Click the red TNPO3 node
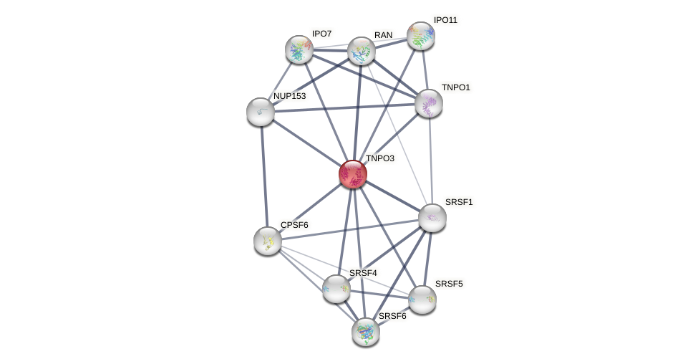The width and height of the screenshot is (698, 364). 352,174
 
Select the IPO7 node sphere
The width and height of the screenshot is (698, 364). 299,49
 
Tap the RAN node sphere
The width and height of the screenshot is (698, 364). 361,51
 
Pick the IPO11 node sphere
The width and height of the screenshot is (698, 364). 420,36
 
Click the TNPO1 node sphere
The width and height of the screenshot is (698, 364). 428,103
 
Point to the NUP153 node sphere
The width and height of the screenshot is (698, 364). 261,112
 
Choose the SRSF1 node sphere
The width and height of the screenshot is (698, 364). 432,218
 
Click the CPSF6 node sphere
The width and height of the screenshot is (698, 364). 268,241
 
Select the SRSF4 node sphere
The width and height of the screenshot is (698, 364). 336,289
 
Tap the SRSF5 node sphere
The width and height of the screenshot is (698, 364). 422,300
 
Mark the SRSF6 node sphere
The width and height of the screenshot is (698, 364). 366,332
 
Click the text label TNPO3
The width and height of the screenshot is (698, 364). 380,158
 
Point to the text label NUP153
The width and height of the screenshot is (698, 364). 289,96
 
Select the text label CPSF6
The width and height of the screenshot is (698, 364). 294,225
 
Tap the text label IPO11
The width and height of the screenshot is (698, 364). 445,20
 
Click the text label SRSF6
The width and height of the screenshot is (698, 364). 392,316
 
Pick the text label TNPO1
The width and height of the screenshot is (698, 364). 456,87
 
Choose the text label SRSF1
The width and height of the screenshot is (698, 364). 459,202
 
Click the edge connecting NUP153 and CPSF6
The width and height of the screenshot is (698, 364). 264,176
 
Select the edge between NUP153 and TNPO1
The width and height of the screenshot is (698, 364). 344,107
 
